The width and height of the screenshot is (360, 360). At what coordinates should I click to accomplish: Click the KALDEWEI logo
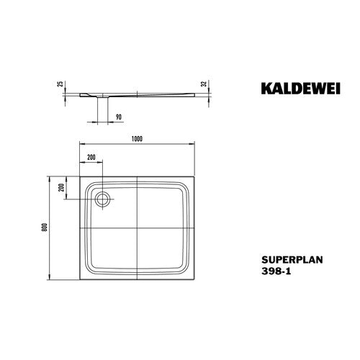301,89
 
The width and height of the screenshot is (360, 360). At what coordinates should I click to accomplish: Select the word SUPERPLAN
292,260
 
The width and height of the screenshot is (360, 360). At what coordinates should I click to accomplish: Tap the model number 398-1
276,271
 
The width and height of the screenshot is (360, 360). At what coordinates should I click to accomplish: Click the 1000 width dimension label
137,139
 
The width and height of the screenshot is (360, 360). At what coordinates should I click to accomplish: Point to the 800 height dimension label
45,227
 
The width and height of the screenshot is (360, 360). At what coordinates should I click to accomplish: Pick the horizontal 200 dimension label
91,157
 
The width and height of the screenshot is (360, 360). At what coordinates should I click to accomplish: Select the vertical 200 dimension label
62,187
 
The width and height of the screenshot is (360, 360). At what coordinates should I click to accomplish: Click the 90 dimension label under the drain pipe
119,117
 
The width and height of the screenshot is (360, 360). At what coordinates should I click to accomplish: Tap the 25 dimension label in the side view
61,84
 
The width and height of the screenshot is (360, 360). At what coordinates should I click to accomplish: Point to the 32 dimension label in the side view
204,84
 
